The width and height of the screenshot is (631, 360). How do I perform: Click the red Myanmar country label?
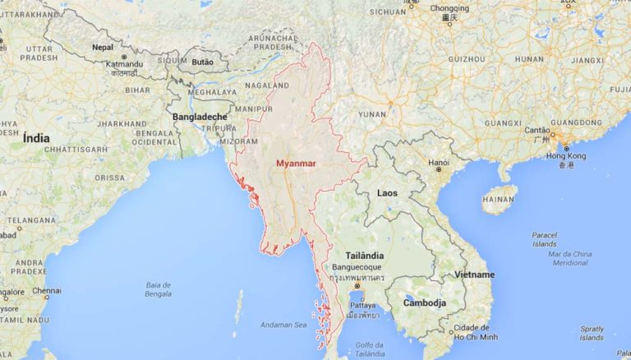click(296, 163)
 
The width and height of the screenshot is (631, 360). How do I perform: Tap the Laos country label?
click(387, 193)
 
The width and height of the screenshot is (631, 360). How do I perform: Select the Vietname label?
click(475, 274)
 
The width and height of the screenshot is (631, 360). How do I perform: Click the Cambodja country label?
click(424, 302)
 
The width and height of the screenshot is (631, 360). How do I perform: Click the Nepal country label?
click(103, 47)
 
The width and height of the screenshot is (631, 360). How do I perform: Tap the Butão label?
click(201, 62)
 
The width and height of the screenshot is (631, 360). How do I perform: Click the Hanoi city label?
click(439, 162)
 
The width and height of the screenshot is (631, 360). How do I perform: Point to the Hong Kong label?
click(566, 156)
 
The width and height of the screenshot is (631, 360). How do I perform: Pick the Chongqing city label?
click(449, 9)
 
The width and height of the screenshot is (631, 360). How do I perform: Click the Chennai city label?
click(47, 290)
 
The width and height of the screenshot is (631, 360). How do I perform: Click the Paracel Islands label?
click(544, 239)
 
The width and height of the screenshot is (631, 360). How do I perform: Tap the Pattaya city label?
click(362, 304)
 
